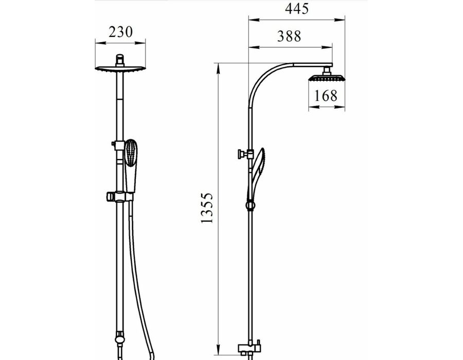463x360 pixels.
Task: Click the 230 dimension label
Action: [120, 32]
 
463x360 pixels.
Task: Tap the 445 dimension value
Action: [297, 9]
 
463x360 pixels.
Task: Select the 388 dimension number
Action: [289, 36]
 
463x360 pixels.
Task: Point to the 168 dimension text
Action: [325, 96]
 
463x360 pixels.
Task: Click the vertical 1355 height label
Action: [207, 208]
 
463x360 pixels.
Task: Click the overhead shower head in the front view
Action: [120, 69]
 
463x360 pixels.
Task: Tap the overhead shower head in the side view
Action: [327, 78]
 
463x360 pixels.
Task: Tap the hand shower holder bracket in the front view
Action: [119, 196]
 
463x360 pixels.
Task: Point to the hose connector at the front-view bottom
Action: [119, 339]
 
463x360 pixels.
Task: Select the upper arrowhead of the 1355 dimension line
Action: [218, 69]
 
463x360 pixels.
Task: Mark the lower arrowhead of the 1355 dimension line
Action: [218, 349]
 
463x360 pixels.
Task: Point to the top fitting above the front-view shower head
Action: [120, 61]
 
